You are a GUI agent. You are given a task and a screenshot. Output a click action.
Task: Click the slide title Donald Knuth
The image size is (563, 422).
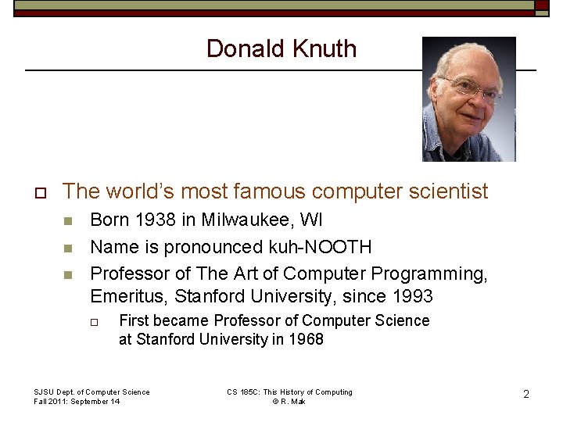281,48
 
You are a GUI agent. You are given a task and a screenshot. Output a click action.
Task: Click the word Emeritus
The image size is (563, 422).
127,297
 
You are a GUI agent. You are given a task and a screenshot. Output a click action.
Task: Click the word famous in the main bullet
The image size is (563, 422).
267,191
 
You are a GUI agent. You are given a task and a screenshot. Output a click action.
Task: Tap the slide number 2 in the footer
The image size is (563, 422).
526,395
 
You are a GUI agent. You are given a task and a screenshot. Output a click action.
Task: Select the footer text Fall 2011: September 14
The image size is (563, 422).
77,402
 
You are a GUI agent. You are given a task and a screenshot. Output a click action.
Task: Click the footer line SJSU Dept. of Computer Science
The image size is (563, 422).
91,392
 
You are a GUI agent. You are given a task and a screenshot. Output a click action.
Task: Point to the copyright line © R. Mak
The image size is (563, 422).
289,402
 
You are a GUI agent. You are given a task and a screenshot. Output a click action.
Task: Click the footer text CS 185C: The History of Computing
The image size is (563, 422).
289,392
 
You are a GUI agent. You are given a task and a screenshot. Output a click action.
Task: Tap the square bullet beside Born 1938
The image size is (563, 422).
67,221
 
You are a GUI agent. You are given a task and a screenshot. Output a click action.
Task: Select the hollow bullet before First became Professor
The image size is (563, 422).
95,321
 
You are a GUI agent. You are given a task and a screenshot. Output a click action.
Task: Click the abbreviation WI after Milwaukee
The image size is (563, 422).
311,220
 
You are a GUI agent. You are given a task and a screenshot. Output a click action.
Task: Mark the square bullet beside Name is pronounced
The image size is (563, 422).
67,248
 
